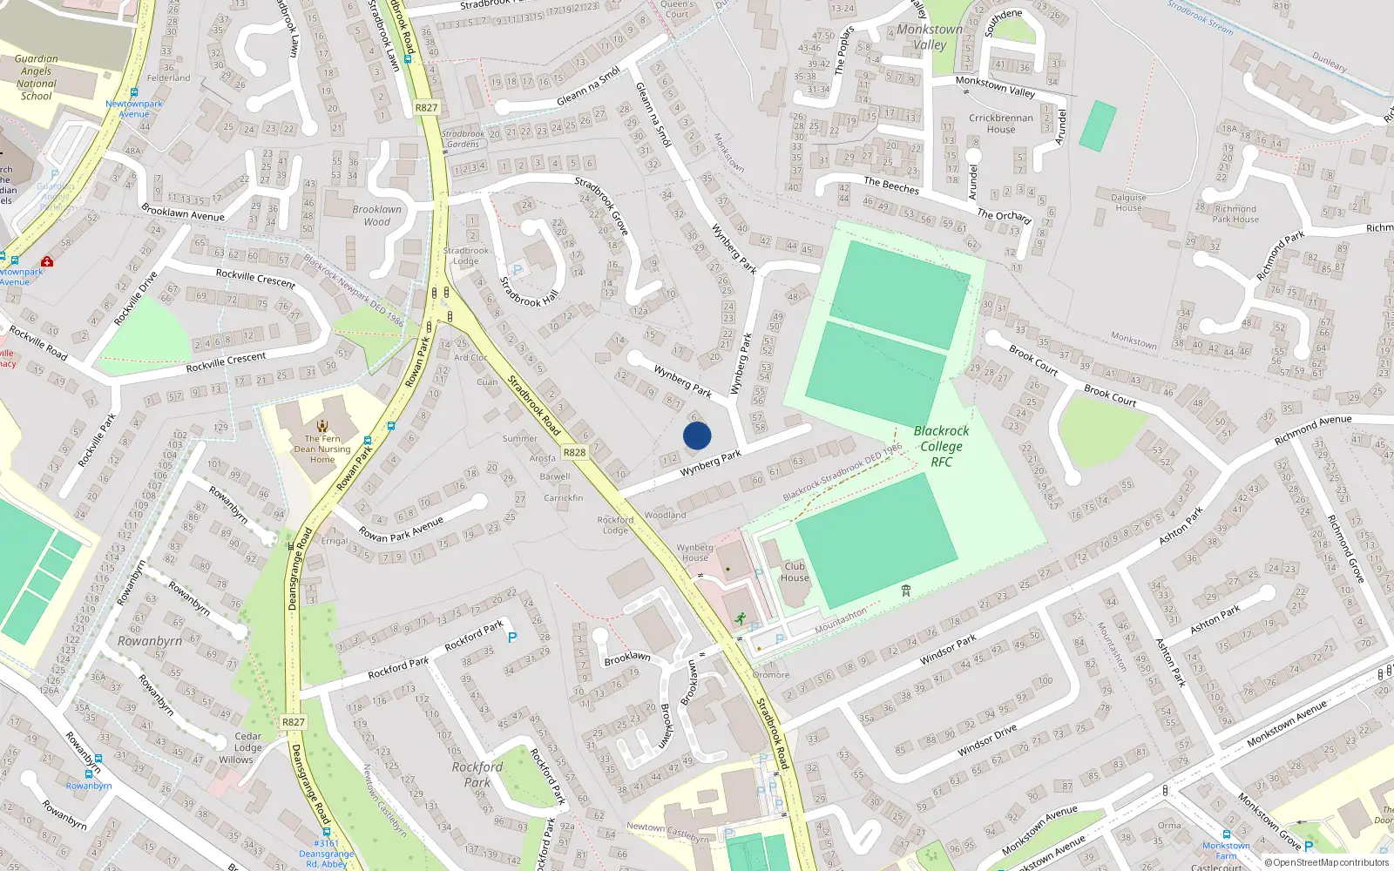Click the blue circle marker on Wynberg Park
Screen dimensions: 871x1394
(697, 435)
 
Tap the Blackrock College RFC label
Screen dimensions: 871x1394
(941, 446)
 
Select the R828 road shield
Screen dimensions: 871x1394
(574, 452)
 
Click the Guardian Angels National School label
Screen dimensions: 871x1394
(37, 78)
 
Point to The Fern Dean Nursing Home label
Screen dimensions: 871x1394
(322, 449)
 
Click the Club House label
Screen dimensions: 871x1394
(795, 571)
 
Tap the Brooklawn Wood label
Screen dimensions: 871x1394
(377, 215)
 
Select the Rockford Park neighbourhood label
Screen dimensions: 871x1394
(477, 774)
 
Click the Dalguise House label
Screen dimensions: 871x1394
(1128, 203)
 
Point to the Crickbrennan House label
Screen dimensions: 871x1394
(1001, 124)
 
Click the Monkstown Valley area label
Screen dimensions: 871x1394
(930, 37)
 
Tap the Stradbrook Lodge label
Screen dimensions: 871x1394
(466, 256)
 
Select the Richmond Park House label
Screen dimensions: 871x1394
(1235, 214)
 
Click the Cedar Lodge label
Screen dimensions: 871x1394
(247, 742)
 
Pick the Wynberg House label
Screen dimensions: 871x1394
(694, 552)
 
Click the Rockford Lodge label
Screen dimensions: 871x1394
(615, 525)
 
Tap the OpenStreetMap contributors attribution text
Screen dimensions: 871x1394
(1327, 862)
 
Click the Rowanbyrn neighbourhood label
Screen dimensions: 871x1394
(150, 641)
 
